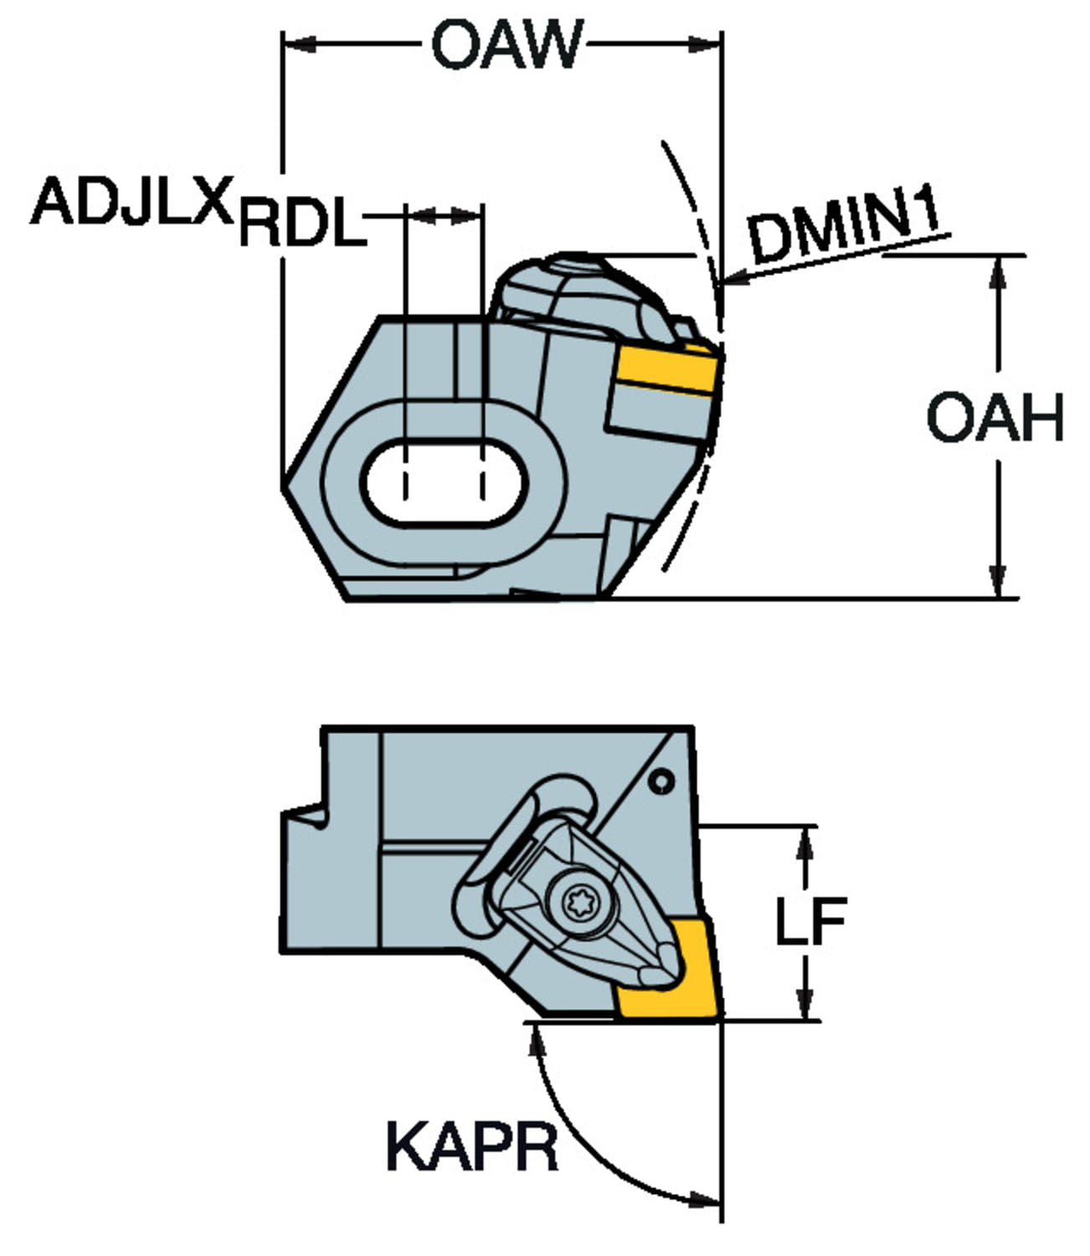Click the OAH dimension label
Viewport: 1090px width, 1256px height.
pos(995,417)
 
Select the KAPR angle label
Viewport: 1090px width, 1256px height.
pos(471,1147)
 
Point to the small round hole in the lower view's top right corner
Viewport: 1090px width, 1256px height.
pos(662,782)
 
